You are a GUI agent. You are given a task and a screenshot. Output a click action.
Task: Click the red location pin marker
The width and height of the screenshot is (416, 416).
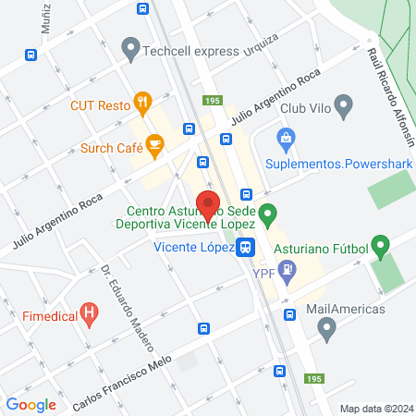click(208, 204)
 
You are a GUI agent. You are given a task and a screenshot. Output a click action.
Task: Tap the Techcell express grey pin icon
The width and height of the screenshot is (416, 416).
click(130, 47)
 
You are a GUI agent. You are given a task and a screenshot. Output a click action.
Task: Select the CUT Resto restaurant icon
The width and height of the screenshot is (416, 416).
click(142, 102)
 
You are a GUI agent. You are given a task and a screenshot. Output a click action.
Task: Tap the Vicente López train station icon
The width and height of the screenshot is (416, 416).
click(245, 247)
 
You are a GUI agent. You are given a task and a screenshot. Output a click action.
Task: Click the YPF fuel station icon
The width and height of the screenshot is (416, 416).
click(288, 270)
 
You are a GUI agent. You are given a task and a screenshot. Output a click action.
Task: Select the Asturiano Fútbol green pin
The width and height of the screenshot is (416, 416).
click(382, 247)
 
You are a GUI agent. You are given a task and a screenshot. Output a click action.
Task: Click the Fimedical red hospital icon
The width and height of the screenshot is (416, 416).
click(89, 313)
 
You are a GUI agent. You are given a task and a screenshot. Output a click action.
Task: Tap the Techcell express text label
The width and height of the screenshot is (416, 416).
click(190, 51)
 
